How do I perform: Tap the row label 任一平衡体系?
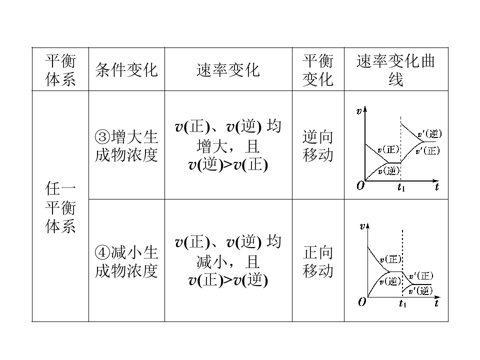[60, 207]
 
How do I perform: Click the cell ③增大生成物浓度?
[126, 145]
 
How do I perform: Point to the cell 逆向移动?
[318, 145]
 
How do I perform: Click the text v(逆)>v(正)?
[228, 165]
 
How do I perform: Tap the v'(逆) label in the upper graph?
[430, 134]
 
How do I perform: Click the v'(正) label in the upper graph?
[427, 150]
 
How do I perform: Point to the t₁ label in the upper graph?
[401, 187]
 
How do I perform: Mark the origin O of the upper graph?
[360, 185]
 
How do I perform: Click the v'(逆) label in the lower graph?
[420, 290]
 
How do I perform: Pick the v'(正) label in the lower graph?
[421, 276]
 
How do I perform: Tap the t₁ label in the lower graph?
[402, 303]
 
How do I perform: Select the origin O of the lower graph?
[362, 302]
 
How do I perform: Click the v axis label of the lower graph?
[362, 226]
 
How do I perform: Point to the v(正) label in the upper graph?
[388, 149]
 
